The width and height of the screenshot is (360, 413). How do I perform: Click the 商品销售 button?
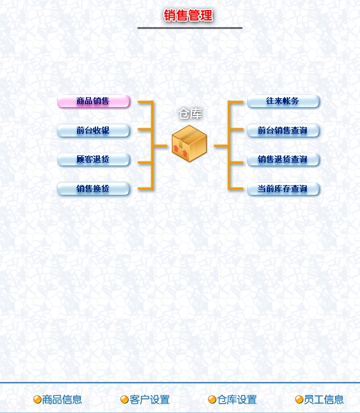[93, 102]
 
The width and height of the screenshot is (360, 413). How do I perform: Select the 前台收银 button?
[93, 130]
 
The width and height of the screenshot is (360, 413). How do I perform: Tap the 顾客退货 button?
[93, 160]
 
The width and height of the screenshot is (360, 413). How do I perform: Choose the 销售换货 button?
[93, 189]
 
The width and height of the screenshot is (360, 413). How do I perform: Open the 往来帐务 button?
[283, 102]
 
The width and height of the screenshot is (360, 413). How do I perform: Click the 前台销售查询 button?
[283, 130]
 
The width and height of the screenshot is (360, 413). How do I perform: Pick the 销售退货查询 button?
[283, 160]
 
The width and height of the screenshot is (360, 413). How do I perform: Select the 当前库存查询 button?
[283, 189]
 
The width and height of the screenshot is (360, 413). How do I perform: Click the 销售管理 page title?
[189, 16]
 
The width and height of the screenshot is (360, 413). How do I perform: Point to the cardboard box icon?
[190, 144]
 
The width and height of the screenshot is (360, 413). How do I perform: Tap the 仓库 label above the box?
[190, 114]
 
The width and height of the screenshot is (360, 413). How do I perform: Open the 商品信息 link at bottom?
[62, 400]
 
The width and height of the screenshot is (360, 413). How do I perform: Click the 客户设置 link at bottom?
[150, 400]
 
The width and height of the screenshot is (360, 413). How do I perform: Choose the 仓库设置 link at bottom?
[237, 400]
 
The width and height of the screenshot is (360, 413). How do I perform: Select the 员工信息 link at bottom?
[324, 400]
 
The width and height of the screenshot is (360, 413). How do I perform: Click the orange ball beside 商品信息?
[37, 400]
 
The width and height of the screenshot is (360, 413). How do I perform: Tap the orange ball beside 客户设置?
[125, 400]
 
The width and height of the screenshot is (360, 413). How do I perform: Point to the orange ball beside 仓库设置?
[212, 400]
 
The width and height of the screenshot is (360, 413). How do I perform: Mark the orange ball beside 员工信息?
[299, 400]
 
